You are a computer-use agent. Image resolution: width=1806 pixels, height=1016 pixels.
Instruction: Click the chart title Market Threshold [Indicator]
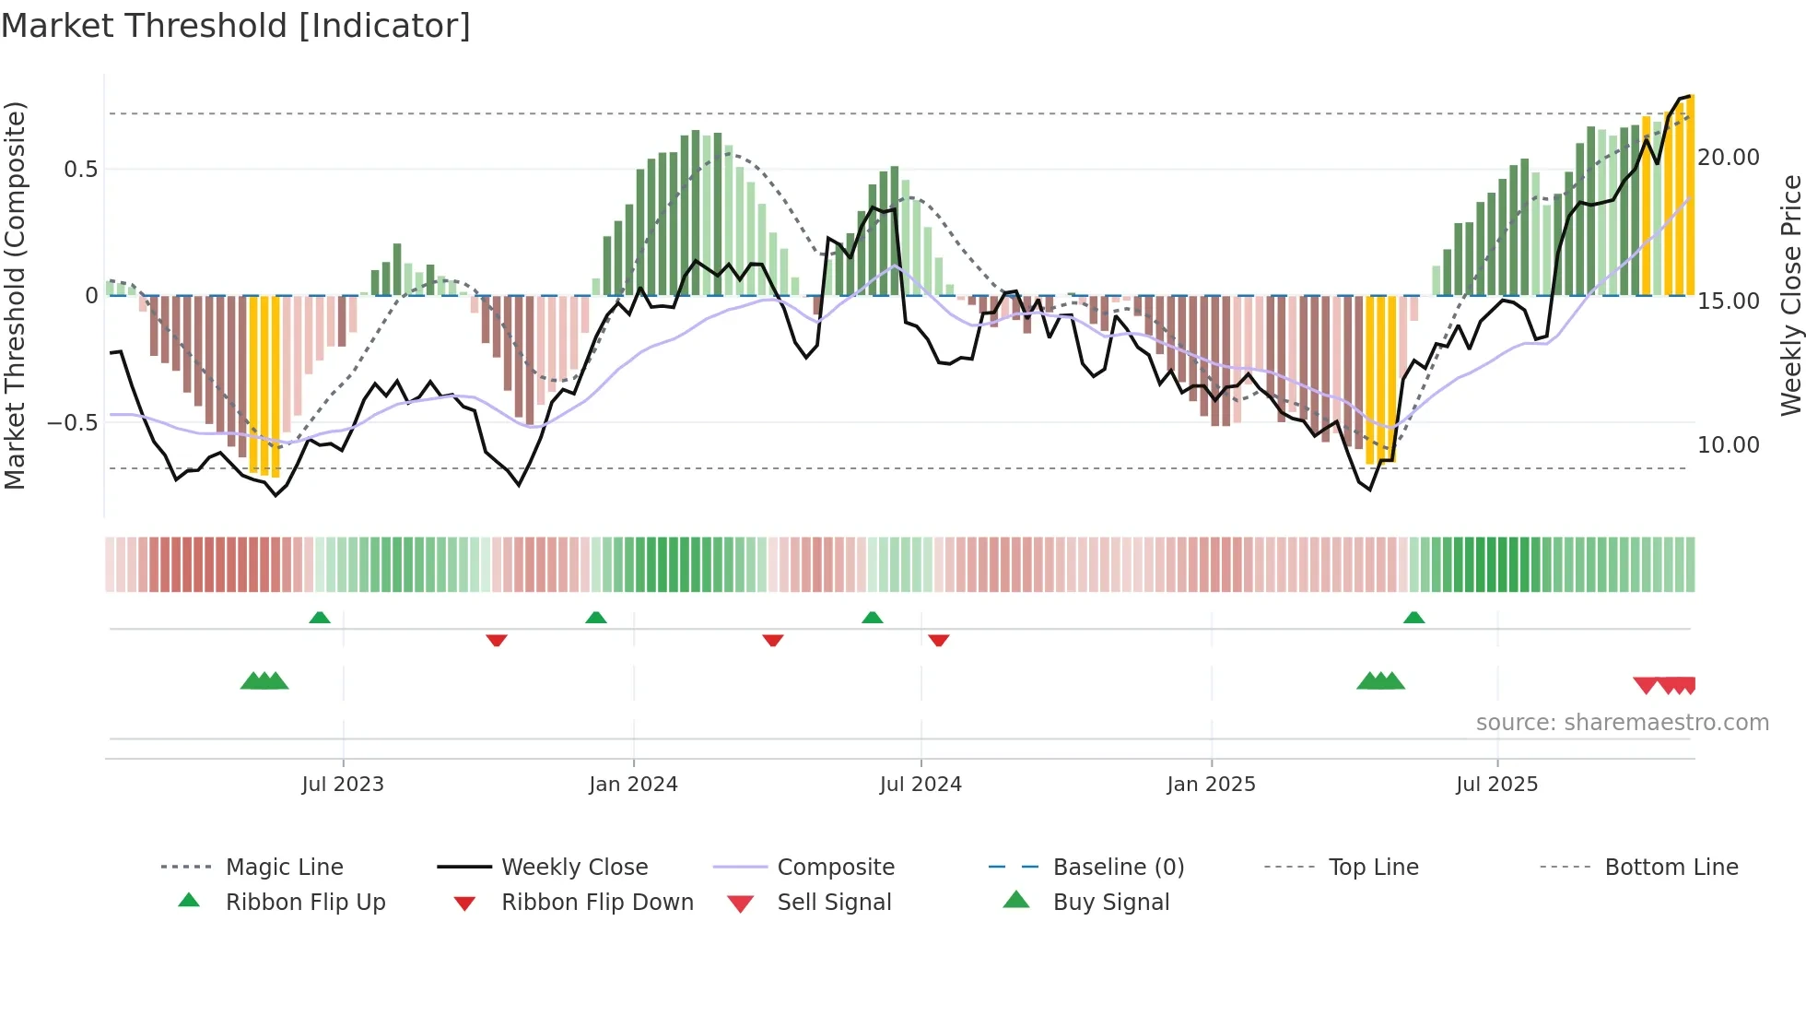point(236,26)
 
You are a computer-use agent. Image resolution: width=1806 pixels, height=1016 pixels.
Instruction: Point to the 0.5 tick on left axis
point(80,169)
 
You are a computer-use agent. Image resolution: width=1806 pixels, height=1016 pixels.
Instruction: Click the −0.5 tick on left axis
point(73,422)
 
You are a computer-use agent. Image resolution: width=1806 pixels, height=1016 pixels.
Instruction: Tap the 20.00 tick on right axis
point(1728,158)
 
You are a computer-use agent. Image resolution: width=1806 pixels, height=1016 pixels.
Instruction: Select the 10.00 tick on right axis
point(1728,445)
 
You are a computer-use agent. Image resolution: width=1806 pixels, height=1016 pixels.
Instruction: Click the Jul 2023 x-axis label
point(343,785)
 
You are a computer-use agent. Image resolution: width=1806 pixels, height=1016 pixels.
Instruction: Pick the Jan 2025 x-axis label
point(1211,785)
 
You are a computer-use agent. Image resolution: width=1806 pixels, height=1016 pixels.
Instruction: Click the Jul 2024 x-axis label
point(921,785)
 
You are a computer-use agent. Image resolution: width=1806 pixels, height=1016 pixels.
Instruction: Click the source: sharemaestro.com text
point(1622,723)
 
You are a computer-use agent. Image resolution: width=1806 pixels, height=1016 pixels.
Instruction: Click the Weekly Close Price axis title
point(1790,295)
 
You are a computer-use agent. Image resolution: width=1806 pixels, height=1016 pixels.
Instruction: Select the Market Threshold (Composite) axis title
point(15,295)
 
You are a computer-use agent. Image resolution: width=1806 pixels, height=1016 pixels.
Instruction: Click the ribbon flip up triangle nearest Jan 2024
point(596,618)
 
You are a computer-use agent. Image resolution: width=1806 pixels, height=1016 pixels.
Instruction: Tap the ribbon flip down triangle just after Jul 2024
point(939,640)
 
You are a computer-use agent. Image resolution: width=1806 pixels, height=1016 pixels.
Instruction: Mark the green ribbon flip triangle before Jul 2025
point(1414,618)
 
